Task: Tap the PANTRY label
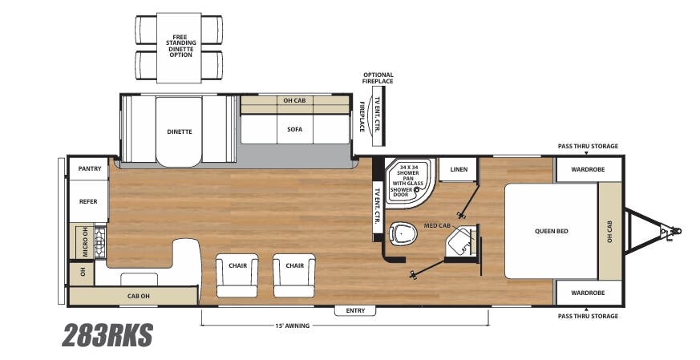[x=89, y=169]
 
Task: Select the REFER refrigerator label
[x=88, y=201]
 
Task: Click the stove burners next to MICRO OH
[x=100, y=242]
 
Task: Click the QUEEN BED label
[x=551, y=231]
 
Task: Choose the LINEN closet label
[x=459, y=169]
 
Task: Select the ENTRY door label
[x=355, y=310]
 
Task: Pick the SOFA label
[x=294, y=129]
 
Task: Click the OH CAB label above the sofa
[x=294, y=101]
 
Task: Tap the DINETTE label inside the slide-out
[x=180, y=131]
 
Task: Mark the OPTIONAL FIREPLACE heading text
[x=378, y=78]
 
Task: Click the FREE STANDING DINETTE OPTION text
[x=180, y=45]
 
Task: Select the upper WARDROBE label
[x=588, y=169]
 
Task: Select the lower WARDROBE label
[x=588, y=293]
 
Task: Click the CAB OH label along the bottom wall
[x=139, y=297]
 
